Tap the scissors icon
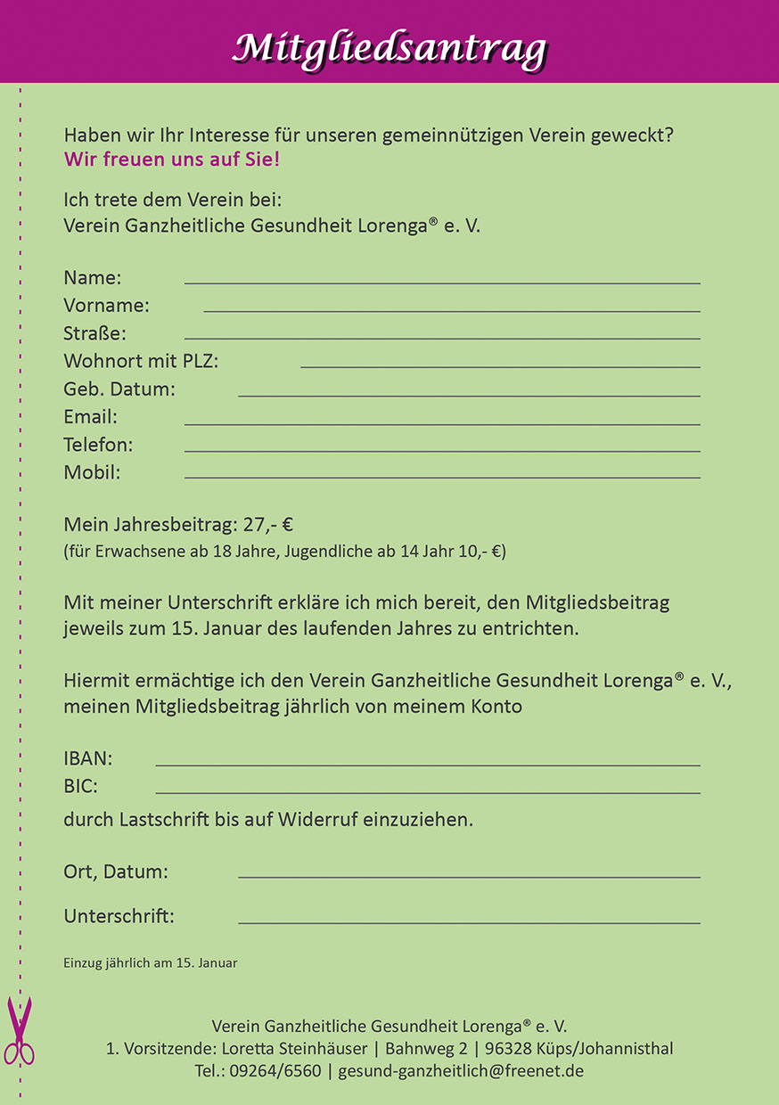[19, 1032]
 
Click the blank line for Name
[441, 282]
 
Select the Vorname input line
[451, 310]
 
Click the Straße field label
[94, 334]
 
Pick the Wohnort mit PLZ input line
[499, 366]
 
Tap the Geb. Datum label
[119, 389]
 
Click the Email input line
[441, 423]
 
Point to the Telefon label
[98, 445]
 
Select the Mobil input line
[441, 478]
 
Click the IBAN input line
[428, 765]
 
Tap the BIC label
[81, 787]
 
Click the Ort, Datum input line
[469, 877]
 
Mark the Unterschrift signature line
[469, 922]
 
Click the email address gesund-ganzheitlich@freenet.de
[461, 1071]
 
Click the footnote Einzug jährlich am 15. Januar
[150, 963]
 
